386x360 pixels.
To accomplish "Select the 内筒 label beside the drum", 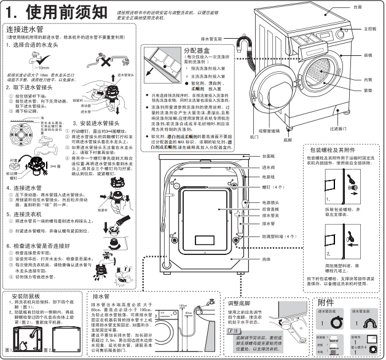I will click(x=368, y=79).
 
